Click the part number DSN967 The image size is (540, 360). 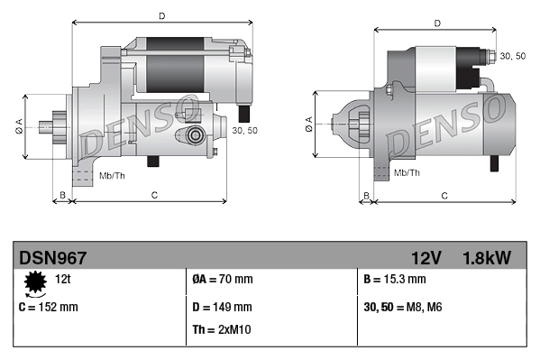click(x=53, y=258)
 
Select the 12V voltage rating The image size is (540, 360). click(x=426, y=258)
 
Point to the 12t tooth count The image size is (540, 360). click(x=63, y=280)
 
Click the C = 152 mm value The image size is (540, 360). click(x=48, y=307)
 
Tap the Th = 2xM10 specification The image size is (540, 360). click(x=222, y=329)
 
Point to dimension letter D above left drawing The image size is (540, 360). click(x=161, y=15)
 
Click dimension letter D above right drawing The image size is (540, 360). click(x=437, y=23)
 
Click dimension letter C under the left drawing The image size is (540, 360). click(x=154, y=194)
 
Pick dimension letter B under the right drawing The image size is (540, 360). click(x=365, y=194)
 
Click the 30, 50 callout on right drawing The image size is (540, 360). click(x=512, y=56)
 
